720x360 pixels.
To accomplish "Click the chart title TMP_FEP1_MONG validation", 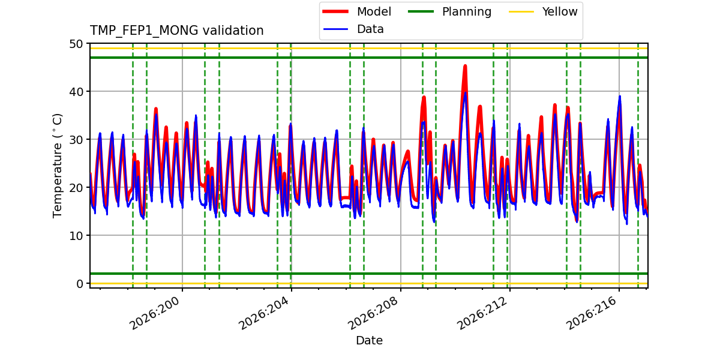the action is coord(176,31).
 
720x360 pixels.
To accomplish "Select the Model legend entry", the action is coord(357,11).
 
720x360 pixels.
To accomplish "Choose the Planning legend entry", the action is coord(449,11).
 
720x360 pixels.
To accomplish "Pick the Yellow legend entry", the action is coord(543,11).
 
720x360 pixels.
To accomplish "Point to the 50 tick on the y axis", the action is coord(76,44).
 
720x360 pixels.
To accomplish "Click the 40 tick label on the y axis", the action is coord(76,92).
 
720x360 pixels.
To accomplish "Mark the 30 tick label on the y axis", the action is coord(76,139).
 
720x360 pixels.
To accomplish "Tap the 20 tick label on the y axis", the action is coord(76,187).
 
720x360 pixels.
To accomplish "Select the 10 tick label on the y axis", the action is coord(76,236).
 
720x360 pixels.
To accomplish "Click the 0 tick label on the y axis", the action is coord(80,283).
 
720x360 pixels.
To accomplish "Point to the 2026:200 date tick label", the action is coord(154,313).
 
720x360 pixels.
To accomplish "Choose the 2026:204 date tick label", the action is coord(263,313).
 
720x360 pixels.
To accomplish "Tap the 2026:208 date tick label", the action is coord(373,313).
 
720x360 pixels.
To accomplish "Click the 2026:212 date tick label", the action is coord(482,313).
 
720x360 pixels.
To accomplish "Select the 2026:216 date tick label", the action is coord(591,313).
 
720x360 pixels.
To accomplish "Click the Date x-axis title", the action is coord(369,340).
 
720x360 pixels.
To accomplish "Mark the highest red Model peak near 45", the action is coord(465,66).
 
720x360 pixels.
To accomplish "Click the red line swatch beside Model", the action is coord(335,11).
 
